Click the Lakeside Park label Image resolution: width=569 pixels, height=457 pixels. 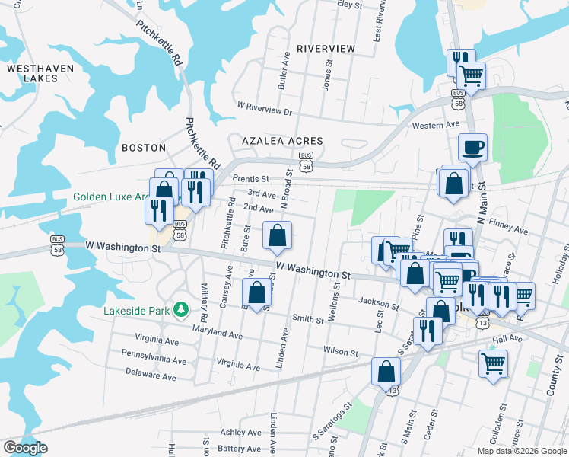pos(137,311)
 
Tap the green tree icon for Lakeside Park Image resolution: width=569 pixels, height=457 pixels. pos(180,309)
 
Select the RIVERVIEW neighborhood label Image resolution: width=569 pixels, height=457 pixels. pos(326,48)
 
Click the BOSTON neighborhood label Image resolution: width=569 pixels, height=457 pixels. pos(143,147)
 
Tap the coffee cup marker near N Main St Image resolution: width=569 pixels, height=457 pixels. pos(472,147)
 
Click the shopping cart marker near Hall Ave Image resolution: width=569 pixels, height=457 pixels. pos(494,363)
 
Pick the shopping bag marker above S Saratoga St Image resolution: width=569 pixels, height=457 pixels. pos(386,372)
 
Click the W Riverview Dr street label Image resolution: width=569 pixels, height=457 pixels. pos(265,109)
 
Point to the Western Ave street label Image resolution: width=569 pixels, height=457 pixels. pos(435,125)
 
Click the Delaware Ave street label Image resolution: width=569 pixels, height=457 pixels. pos(150,376)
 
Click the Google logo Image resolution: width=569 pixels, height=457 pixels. pos(25,449)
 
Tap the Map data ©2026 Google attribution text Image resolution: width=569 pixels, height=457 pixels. pos(523,451)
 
